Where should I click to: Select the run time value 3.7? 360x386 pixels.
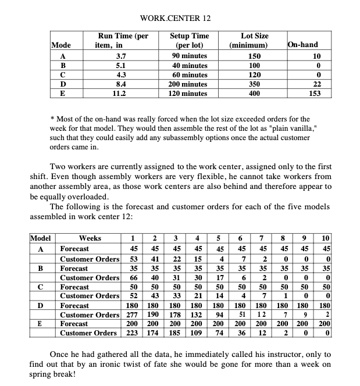point(121,56)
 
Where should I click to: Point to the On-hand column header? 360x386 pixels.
point(302,45)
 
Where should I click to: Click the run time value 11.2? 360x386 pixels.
point(121,93)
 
